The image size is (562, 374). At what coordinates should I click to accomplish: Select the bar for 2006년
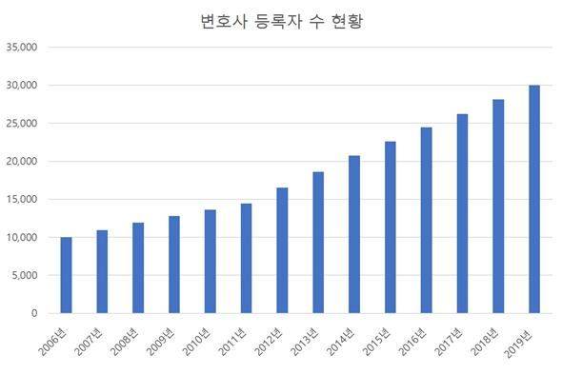tap(66, 275)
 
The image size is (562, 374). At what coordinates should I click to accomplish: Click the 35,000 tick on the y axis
tap(21, 47)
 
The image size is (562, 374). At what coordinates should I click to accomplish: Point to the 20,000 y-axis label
tap(21, 161)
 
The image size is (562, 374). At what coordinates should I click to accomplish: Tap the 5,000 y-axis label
tap(24, 275)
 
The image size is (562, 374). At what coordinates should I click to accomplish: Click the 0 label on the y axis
tap(34, 313)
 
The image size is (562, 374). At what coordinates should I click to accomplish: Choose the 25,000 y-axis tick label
tap(21, 123)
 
